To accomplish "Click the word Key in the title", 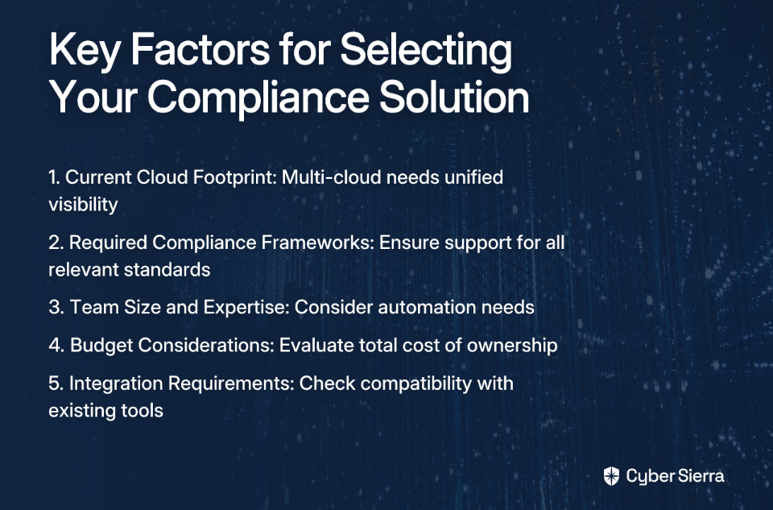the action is pyautogui.click(x=85, y=51).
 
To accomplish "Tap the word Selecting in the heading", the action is pyautogui.click(x=426, y=51).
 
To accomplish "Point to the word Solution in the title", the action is pyautogui.click(x=454, y=97).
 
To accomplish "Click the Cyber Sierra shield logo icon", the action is pyautogui.click(x=611, y=476).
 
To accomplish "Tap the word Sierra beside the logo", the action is pyautogui.click(x=701, y=476).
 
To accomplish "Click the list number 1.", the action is pyautogui.click(x=54, y=177).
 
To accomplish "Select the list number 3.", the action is pyautogui.click(x=56, y=307).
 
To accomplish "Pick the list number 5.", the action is pyautogui.click(x=56, y=384).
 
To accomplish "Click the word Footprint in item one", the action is pyautogui.click(x=234, y=177).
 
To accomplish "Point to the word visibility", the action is pyautogui.click(x=83, y=205).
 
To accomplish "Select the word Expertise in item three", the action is pyautogui.click(x=246, y=307).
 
